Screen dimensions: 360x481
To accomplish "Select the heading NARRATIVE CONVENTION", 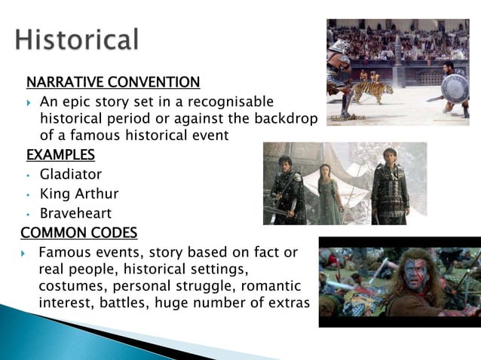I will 113,81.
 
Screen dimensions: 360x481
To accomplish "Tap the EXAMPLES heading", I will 60,156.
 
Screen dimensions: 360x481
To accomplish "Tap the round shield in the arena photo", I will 454,89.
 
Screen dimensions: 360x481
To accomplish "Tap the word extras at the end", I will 289,303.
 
